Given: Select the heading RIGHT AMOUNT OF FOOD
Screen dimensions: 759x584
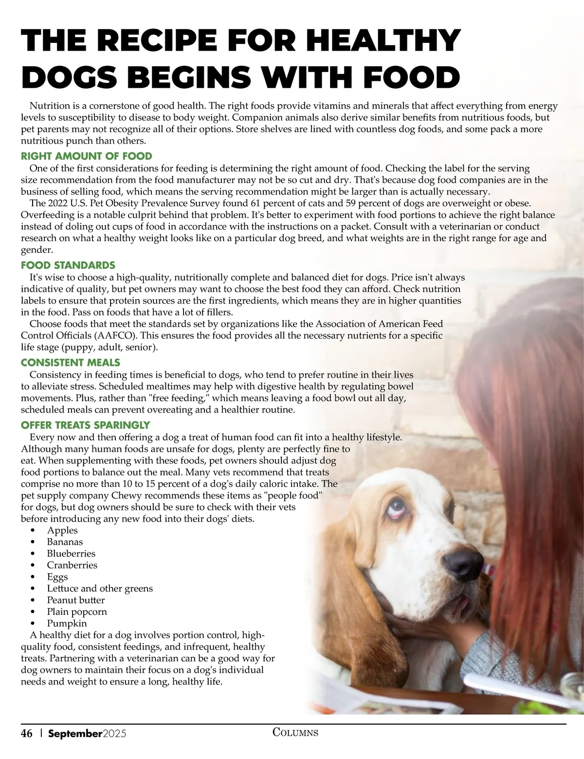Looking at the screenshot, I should (x=87, y=156).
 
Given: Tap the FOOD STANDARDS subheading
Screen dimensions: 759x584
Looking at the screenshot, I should (x=68, y=266).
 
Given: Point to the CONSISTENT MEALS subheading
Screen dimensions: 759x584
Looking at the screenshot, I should (x=71, y=363).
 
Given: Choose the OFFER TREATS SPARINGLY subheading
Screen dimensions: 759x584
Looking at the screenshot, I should (x=85, y=425).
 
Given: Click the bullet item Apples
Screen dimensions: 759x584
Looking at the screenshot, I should (x=62, y=531).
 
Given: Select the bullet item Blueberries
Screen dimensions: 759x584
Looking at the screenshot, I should (x=71, y=554).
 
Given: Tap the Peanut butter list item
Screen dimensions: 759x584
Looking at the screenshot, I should (x=75, y=601).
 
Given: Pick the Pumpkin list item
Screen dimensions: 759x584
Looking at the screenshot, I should (x=67, y=624).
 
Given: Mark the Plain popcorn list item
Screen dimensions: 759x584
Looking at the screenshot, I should (x=77, y=612).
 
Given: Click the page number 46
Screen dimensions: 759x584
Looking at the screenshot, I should (x=27, y=734).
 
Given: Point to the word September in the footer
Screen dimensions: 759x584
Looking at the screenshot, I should (x=75, y=734).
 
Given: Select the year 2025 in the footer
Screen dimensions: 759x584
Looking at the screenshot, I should (x=114, y=734).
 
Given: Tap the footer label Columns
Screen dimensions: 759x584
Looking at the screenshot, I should (x=295, y=732).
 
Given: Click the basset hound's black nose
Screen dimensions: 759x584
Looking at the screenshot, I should (x=462, y=563).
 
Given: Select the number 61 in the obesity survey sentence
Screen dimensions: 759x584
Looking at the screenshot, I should (x=255, y=203).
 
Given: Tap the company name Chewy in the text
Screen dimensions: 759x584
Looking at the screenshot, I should (x=127, y=496).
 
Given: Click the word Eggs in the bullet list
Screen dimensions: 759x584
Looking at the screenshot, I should (x=57, y=577).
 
